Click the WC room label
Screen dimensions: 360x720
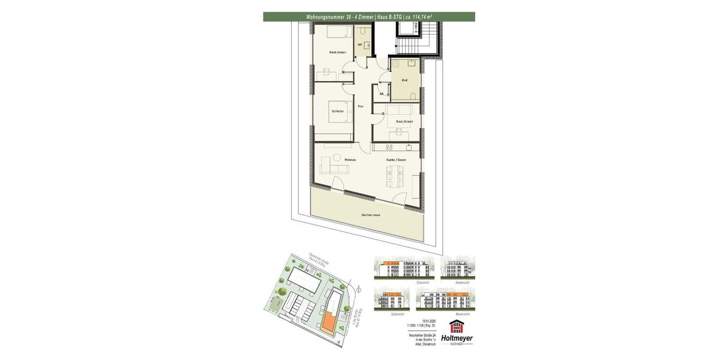[359, 44]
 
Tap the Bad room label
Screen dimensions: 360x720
[405, 80]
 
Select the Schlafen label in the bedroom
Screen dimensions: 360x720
[337, 111]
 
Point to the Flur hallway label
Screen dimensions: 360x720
[361, 106]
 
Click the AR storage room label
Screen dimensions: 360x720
[381, 94]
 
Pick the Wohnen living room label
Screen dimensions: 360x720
[350, 160]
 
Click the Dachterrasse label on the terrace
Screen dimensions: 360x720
[371, 215]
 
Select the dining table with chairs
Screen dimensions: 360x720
[395, 176]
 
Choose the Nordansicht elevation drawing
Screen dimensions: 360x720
[458, 268]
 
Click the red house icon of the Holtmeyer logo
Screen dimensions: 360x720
[457, 327]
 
